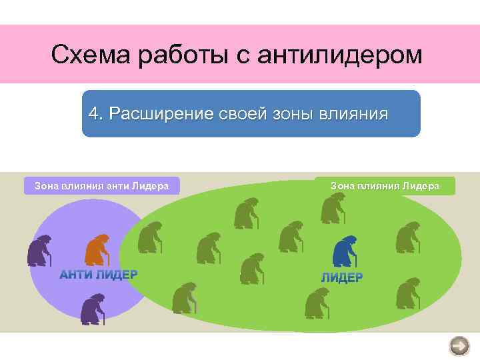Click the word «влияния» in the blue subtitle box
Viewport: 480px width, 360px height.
click(354, 113)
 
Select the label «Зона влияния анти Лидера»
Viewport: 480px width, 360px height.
click(101, 186)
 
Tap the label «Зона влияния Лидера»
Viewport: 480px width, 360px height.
click(385, 186)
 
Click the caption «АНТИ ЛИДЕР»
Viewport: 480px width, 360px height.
click(99, 274)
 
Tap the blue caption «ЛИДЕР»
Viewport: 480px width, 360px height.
click(341, 277)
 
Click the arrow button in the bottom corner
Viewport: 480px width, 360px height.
click(459, 345)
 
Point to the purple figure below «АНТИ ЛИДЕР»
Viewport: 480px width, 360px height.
click(93, 309)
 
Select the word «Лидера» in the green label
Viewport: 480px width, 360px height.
click(421, 186)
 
